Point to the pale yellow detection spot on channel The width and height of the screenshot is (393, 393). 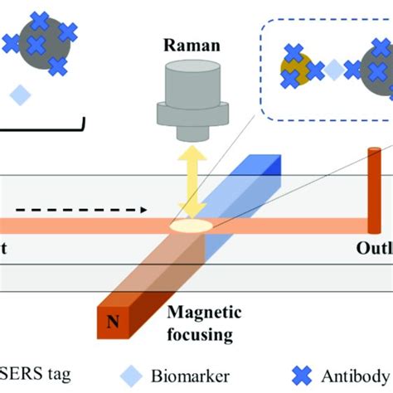pos(189,223)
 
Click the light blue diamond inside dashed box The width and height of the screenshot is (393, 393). pos(332,72)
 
